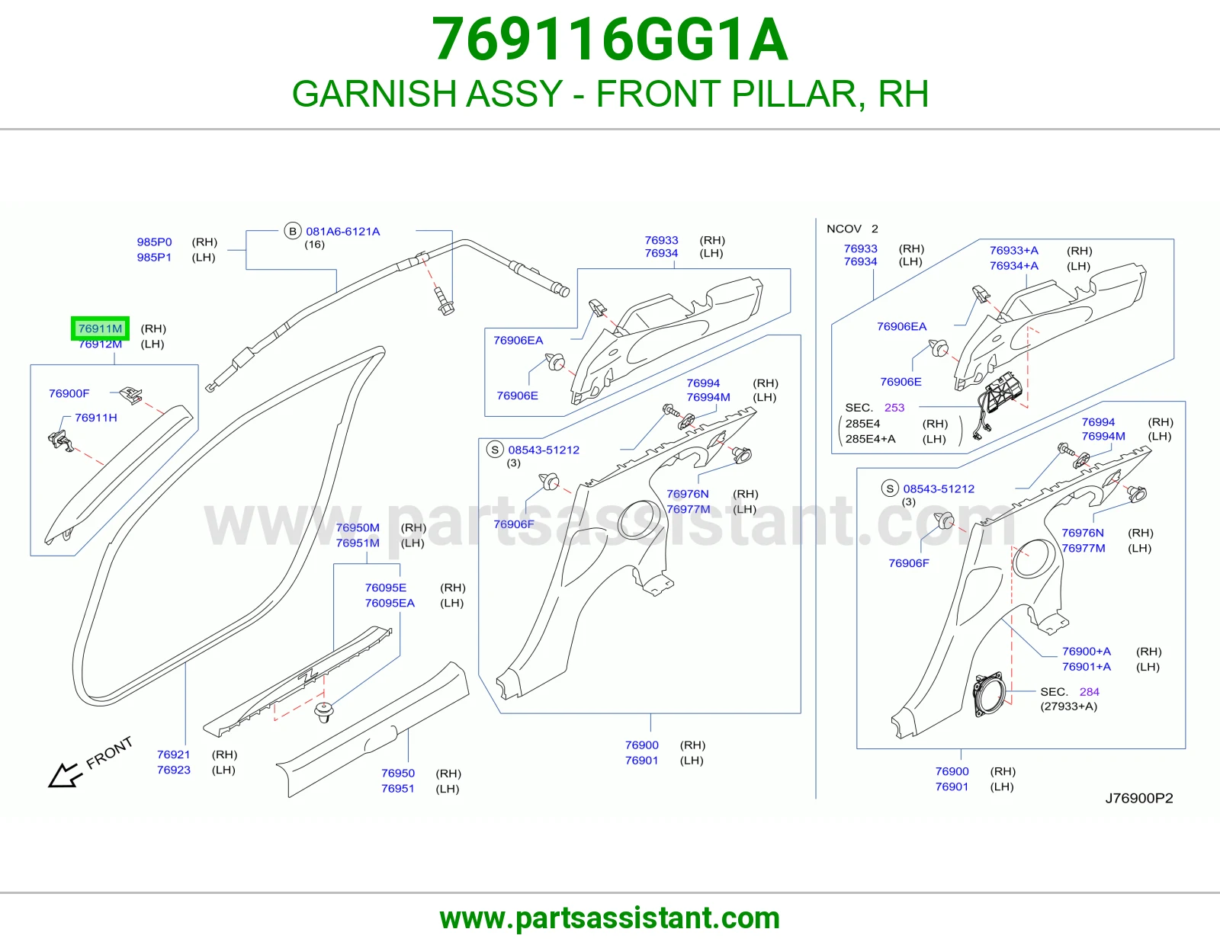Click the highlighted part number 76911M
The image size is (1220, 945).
[100, 328]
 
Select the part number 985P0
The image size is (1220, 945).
[154, 242]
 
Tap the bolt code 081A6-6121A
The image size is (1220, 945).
[342, 231]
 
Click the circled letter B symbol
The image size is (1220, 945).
[293, 231]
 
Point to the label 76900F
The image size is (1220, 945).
[69, 393]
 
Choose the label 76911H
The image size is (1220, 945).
[96, 418]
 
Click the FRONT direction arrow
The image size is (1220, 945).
[65, 776]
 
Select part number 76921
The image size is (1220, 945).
[174, 754]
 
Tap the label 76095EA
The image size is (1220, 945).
[390, 603]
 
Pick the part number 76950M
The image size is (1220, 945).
[358, 527]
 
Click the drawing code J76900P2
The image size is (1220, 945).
[1139, 798]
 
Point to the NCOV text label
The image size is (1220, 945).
[844, 229]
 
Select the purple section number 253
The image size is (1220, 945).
[894, 408]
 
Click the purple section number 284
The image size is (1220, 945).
[1089, 691]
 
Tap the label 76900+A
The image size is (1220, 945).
[1087, 651]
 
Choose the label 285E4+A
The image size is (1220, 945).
[870, 439]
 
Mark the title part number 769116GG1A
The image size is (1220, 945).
[610, 40]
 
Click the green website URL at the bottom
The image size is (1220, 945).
[610, 918]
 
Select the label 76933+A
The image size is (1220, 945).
[1014, 250]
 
